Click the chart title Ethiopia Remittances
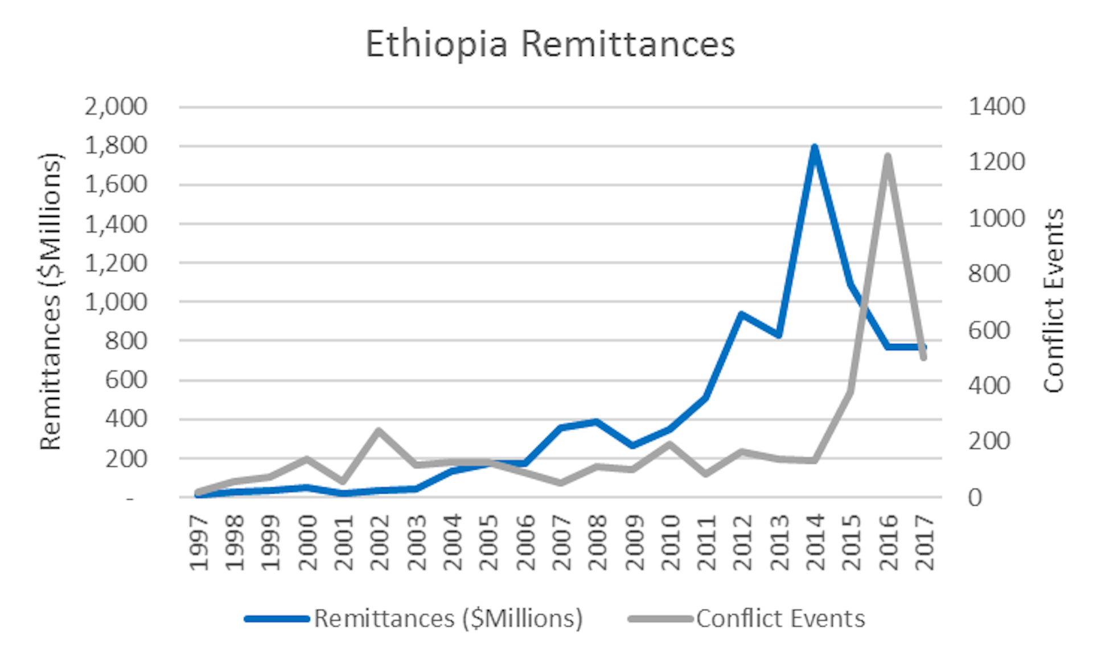tap(550, 44)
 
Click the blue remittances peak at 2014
tap(815, 147)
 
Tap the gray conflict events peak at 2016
tap(887, 156)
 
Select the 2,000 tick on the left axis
tap(116, 106)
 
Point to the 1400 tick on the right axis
tap(996, 106)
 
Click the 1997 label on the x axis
tap(199, 542)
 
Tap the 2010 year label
tap(671, 542)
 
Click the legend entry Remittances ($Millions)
tap(448, 618)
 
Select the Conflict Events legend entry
tap(780, 618)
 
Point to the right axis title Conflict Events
tap(1053, 301)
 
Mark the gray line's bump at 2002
tap(379, 430)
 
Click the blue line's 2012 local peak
tap(742, 314)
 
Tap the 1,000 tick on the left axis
tap(116, 302)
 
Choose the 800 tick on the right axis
tap(989, 274)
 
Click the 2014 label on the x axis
tap(815, 542)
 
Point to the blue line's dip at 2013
tap(779, 335)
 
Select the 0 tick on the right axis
tap(975, 498)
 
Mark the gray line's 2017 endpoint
tap(923, 358)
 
